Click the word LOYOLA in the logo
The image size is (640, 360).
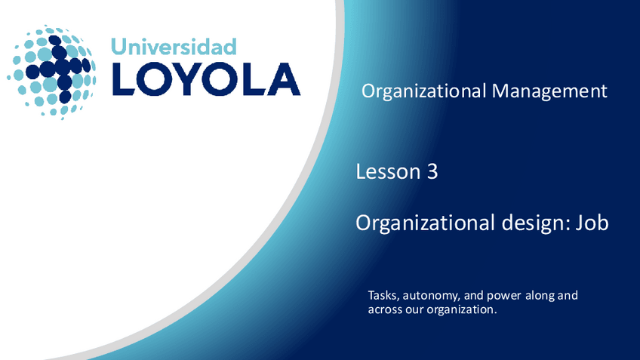[205, 79]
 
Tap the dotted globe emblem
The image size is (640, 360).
[51, 72]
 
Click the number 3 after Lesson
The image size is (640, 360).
[432, 172]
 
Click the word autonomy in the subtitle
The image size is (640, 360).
[432, 296]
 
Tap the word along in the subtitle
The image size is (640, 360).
[537, 295]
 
